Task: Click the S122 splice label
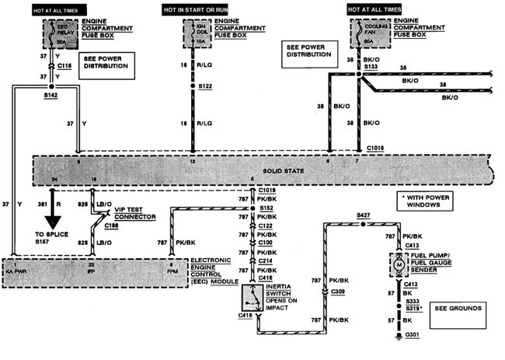pyautogui.click(x=205, y=87)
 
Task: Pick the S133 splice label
pyautogui.click(x=371, y=68)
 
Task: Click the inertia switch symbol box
pyautogui.click(x=252, y=296)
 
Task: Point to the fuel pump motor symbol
pyautogui.click(x=397, y=264)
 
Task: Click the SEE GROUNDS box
pyautogui.click(x=458, y=309)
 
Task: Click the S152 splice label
pyautogui.click(x=266, y=208)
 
